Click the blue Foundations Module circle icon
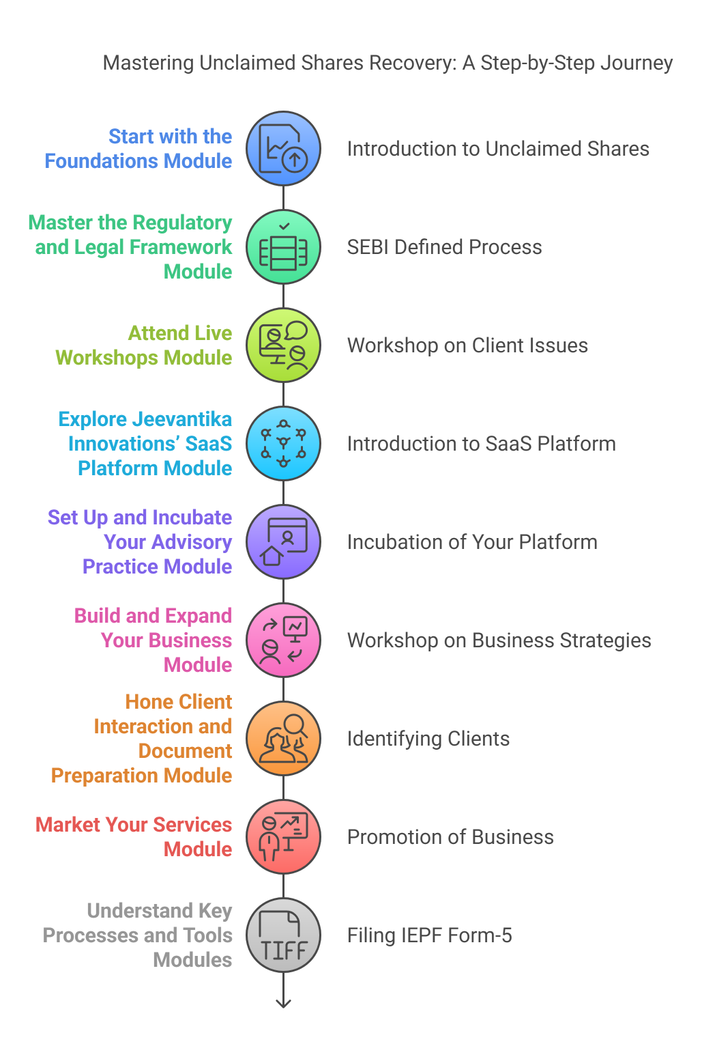pos(283,149)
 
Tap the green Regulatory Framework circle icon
pos(283,247)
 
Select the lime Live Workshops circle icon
pos(283,345)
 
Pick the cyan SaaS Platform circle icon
pos(283,444)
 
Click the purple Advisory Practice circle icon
pos(283,542)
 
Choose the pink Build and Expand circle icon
pos(283,640)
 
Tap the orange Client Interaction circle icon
pos(283,739)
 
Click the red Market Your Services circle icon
pos(283,837)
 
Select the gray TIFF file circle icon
pos(283,935)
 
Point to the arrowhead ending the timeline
pos(283,1003)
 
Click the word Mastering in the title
pos(147,63)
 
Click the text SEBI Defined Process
pos(444,247)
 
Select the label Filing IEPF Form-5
pos(429,935)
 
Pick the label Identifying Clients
pos(428,739)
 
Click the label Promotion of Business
pos(450,837)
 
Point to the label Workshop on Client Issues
pos(467,345)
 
